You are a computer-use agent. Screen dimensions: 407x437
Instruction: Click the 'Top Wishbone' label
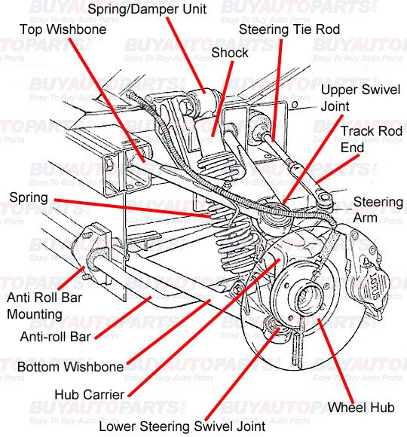[x=63, y=29]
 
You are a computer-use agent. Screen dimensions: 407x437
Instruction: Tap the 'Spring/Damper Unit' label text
[x=147, y=10]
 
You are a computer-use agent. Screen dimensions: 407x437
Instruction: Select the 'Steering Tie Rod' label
[x=289, y=29]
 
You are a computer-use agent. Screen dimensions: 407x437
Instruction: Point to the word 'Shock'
[x=230, y=53]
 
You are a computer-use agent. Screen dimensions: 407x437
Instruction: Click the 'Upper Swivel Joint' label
[x=360, y=98]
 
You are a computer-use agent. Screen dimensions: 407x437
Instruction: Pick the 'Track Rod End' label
[x=372, y=139]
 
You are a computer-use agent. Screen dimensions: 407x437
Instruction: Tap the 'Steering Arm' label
[x=378, y=209]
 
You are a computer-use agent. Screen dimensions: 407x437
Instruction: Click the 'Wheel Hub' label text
[x=361, y=408]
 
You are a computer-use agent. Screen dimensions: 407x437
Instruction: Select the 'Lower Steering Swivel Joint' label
[x=182, y=427]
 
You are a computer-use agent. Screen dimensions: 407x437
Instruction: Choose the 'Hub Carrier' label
[x=89, y=395]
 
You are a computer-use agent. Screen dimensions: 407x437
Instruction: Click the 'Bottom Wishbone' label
[x=70, y=367]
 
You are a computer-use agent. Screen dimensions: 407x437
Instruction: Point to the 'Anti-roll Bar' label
[x=56, y=337]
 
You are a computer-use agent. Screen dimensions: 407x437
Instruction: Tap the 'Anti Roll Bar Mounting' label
[x=44, y=306]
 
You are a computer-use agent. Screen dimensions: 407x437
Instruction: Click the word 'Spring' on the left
[x=29, y=198]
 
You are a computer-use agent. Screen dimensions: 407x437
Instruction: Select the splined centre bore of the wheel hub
[x=306, y=298]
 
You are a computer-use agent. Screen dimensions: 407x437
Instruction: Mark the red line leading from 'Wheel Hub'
[x=336, y=362]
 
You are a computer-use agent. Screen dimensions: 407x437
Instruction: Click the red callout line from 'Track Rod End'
[x=338, y=170]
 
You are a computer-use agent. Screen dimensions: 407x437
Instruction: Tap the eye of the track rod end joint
[x=324, y=198]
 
